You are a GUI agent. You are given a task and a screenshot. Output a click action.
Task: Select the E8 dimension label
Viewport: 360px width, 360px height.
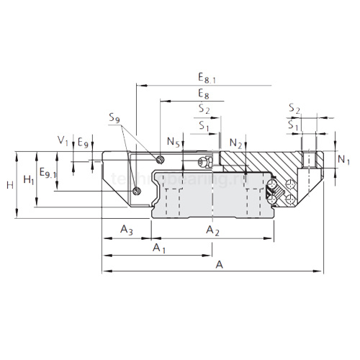tap(204, 94)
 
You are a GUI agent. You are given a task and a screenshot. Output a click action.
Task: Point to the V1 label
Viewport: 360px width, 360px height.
tap(63, 140)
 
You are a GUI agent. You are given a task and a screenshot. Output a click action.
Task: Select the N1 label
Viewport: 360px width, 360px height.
tap(343, 159)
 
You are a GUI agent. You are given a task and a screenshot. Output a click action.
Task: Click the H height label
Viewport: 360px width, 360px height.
tap(9, 185)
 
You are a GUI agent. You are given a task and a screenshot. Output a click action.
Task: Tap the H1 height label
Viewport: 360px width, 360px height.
tap(28, 179)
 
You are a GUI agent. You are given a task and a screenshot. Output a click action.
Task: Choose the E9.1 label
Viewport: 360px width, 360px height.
tap(48, 173)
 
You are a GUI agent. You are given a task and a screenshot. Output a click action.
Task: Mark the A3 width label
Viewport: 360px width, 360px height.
tap(126, 230)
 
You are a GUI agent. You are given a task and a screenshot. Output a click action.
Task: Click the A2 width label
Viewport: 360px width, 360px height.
tap(212, 230)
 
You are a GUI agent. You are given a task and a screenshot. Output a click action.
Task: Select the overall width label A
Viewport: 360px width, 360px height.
tap(219, 265)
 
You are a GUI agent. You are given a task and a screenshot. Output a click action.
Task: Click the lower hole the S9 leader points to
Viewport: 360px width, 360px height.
tap(137, 190)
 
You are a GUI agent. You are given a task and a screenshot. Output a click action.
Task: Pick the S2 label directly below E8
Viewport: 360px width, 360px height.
tap(204, 109)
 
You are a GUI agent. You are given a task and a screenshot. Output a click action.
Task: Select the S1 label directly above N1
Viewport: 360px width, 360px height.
tap(293, 125)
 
